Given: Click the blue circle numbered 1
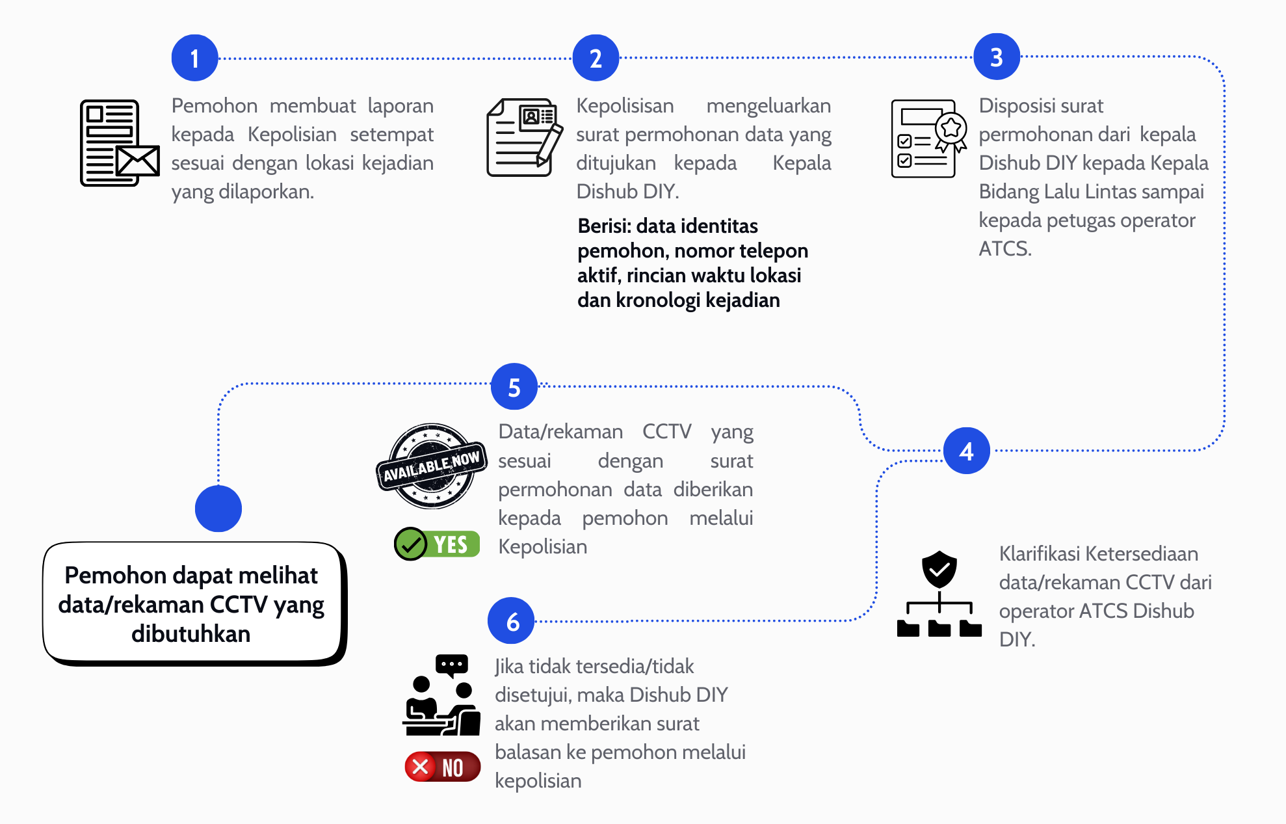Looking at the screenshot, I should [194, 58].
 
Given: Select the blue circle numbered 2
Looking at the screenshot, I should [596, 58].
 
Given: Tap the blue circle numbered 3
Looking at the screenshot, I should [996, 57].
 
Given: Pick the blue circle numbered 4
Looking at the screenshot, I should [966, 451].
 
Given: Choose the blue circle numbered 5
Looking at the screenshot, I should [514, 387].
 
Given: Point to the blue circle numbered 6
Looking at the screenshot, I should [512, 621].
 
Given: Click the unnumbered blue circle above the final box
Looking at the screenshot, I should [218, 508].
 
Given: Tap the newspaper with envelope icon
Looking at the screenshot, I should [120, 143].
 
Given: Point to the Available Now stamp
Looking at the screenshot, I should [431, 466].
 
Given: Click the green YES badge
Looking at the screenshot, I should [437, 544].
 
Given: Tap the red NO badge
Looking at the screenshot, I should [442, 767].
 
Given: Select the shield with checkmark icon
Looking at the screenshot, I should [939, 569].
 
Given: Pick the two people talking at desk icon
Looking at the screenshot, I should [441, 695].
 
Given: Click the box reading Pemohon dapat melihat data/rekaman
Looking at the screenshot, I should [192, 604].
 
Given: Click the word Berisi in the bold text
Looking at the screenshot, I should [604, 226].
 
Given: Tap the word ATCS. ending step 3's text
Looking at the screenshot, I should [1004, 248].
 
